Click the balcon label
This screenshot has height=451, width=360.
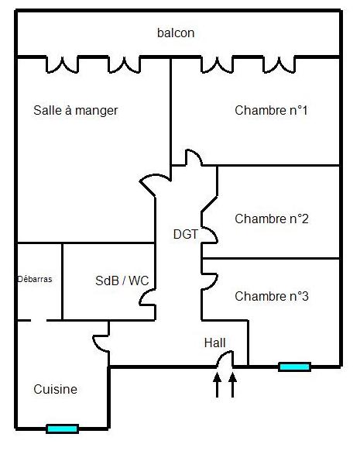(176, 33)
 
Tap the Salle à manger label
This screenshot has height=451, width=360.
(76, 111)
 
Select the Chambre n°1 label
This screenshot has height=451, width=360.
(271, 110)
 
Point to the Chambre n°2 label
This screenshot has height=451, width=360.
(272, 219)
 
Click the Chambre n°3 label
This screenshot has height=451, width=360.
(272, 296)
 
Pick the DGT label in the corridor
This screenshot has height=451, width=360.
(186, 235)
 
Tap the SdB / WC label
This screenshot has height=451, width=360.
(122, 281)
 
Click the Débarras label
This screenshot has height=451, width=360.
(35, 279)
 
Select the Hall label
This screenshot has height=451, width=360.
(215, 343)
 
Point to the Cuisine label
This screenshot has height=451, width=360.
(55, 390)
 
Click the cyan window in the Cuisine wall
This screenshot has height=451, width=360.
(63, 429)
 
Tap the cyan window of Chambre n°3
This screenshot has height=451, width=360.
(294, 367)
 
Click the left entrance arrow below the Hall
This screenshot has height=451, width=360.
(218, 385)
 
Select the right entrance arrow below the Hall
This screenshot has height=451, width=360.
(233, 385)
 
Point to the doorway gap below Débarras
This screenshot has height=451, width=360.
(39, 320)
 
